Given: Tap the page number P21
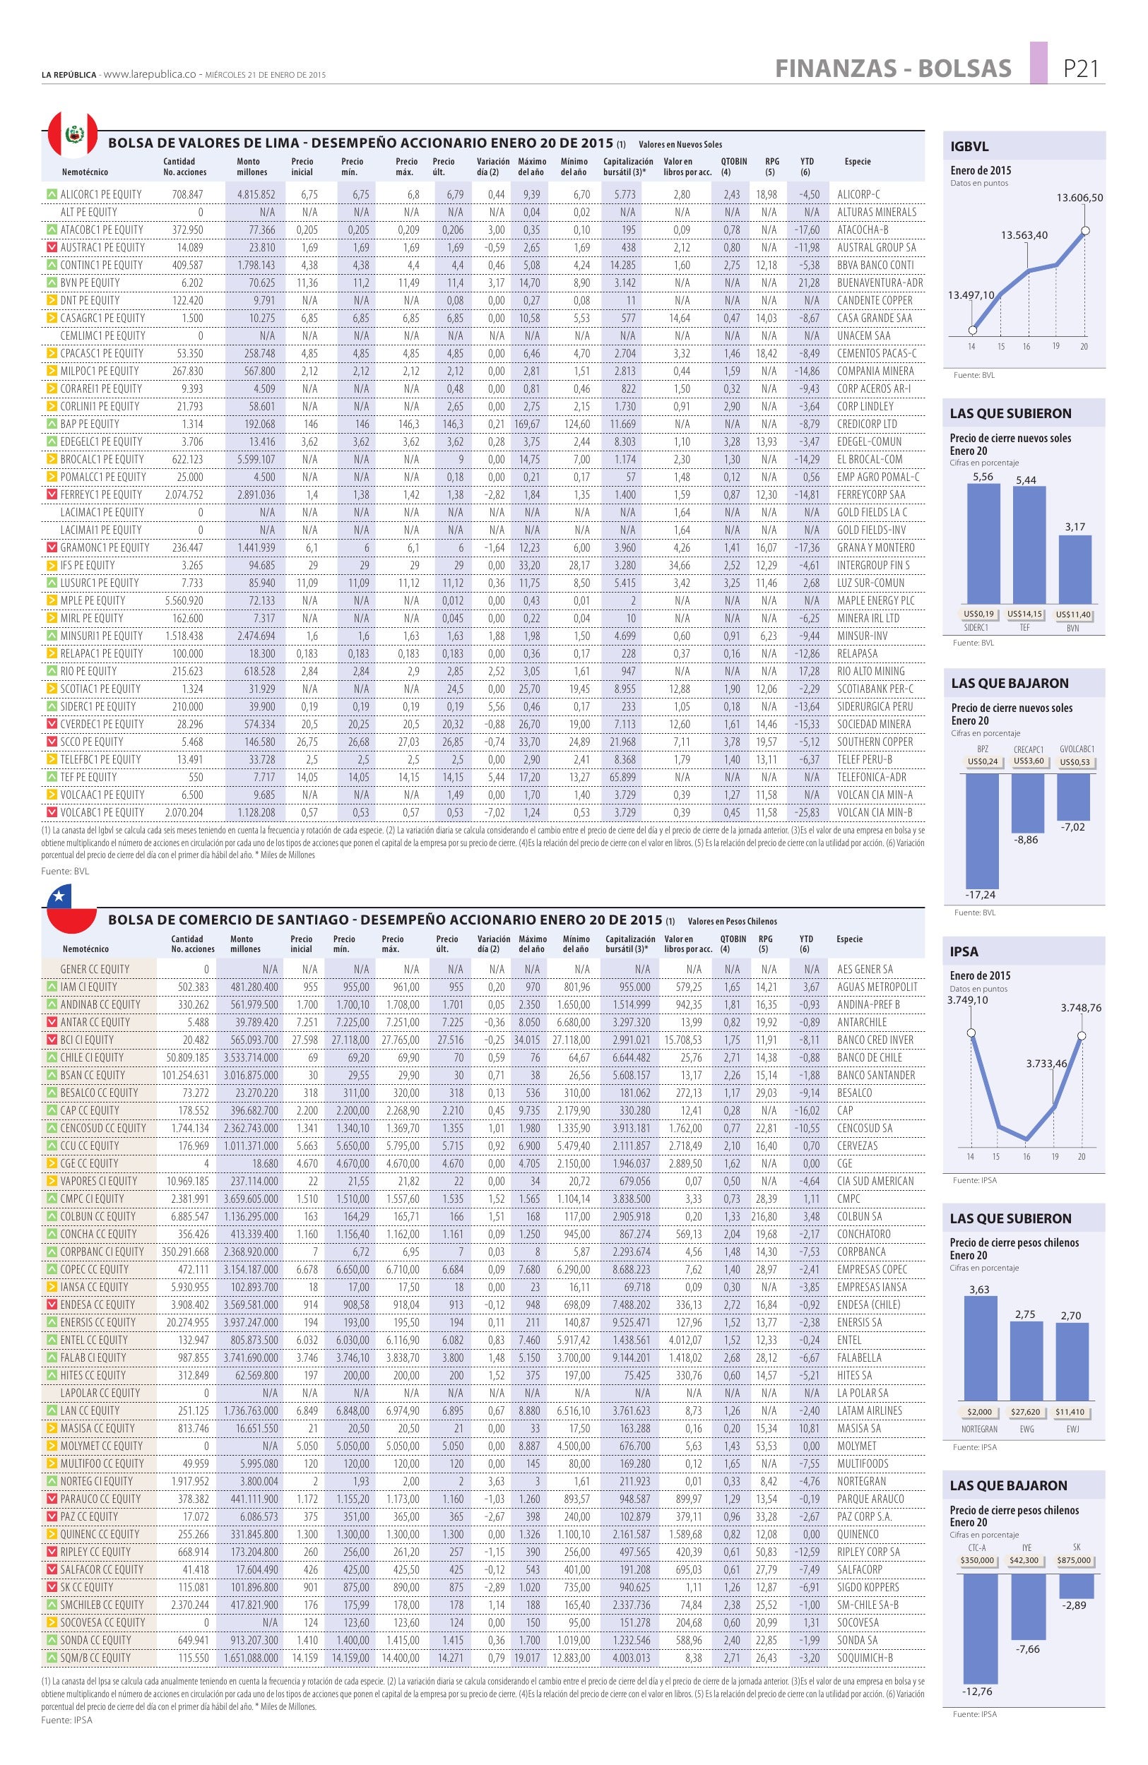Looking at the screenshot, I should tap(1079, 69).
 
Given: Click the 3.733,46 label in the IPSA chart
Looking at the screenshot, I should tap(1046, 1064).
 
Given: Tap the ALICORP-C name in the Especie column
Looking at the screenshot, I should tap(858, 194).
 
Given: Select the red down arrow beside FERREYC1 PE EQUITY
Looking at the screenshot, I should tap(51, 494).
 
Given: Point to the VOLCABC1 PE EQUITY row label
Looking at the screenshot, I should tap(102, 812).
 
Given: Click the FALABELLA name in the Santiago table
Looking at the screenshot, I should tap(859, 1357).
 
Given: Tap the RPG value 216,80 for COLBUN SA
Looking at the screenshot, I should tap(764, 1216).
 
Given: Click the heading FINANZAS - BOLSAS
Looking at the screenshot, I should tap(893, 69).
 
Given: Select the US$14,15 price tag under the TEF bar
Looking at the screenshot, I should tap(1025, 614).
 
